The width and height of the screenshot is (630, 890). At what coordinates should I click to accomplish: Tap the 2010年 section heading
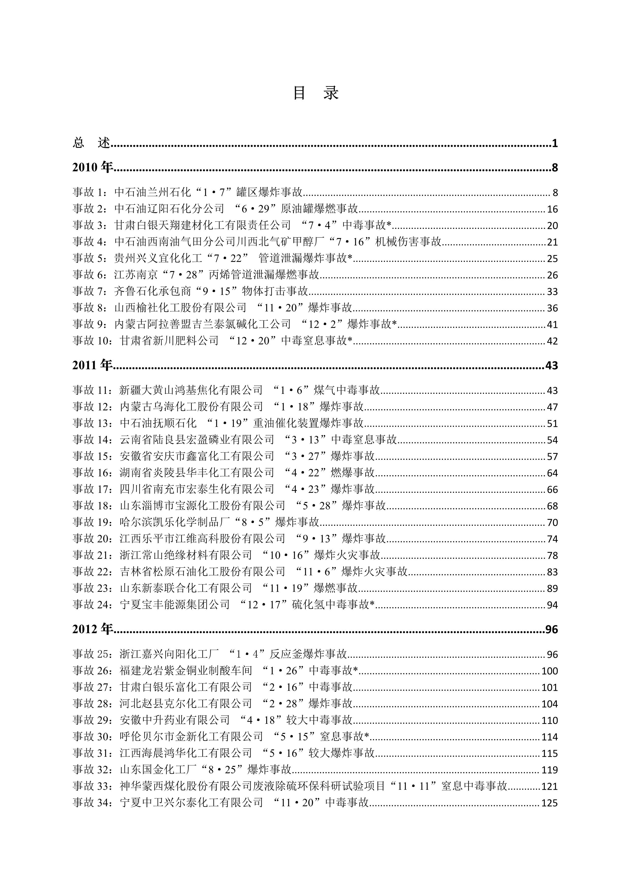coord(92,167)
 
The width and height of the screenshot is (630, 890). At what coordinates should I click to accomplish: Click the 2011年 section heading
coord(92,365)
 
